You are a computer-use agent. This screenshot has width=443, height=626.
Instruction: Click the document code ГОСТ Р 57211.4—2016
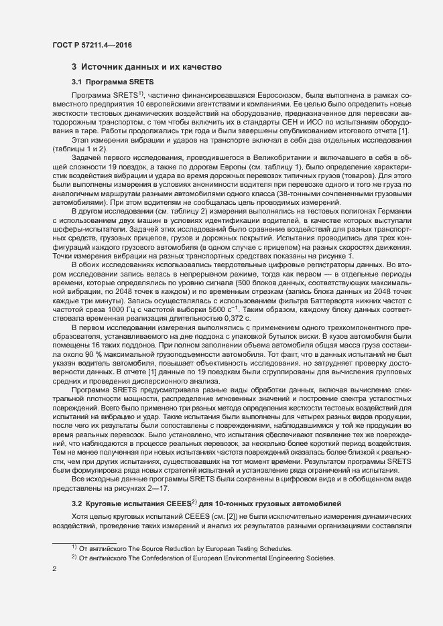(x=91, y=45)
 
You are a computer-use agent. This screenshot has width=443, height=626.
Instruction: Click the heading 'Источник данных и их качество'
(x=155, y=67)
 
